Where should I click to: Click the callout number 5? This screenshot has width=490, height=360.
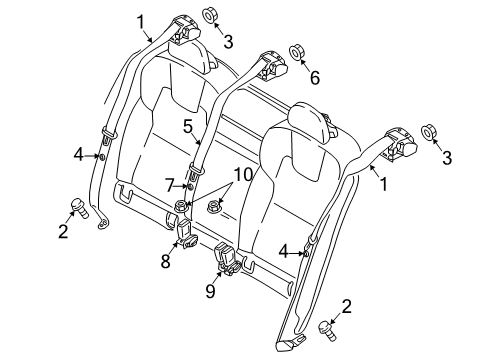188,127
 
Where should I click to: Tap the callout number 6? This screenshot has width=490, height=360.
315,78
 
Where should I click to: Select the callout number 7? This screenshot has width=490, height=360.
170,185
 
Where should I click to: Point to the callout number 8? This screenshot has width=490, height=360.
166,261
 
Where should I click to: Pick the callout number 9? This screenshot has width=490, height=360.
210,291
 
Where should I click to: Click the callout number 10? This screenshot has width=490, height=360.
243,175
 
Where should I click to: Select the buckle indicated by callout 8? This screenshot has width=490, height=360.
185,235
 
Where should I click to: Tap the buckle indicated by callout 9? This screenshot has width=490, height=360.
227,259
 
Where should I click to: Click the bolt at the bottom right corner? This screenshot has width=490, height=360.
327,330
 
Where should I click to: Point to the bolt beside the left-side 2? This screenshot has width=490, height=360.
80,208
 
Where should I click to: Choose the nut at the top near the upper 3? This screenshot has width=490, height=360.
209,15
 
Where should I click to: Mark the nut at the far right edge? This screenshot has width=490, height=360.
428,132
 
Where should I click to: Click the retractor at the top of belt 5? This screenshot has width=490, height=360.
272,66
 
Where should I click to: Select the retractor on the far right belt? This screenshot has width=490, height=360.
400,143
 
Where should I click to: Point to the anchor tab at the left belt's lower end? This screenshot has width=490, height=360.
103,223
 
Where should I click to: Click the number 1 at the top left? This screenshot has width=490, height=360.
141,22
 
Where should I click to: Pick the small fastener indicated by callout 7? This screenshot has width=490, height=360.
190,187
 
